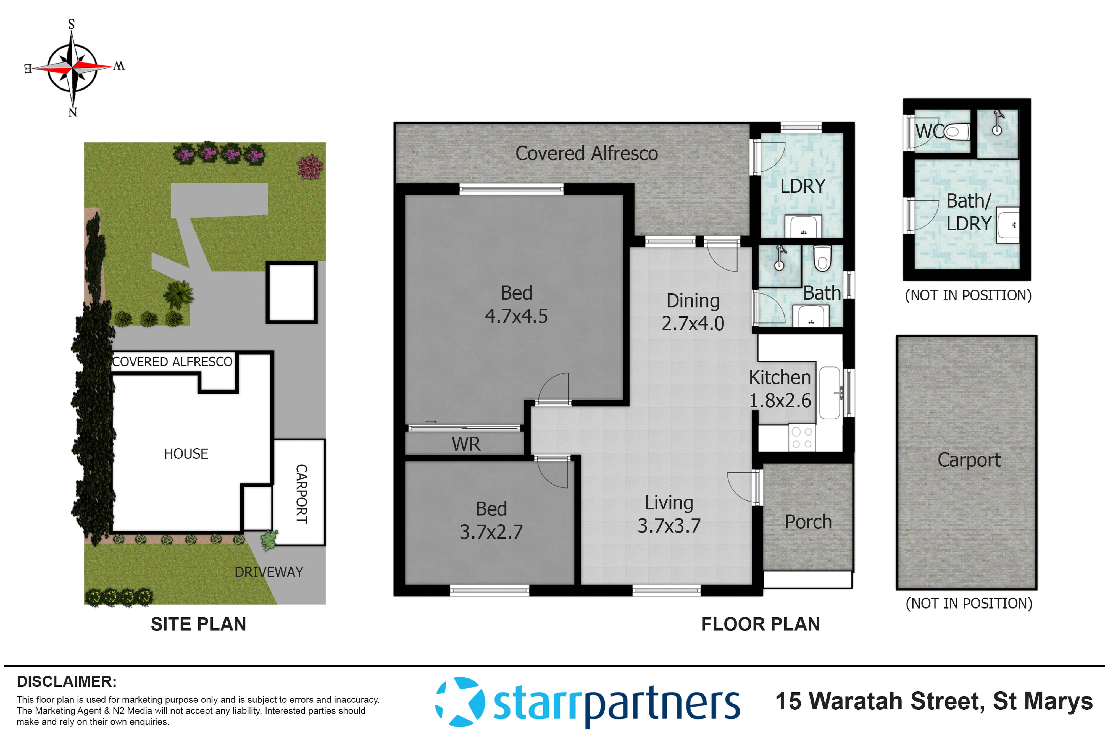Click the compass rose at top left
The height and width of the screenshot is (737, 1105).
[x=73, y=67]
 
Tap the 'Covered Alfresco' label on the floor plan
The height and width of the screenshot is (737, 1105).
[x=586, y=153]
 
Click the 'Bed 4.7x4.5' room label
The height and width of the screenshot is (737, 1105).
[x=516, y=305]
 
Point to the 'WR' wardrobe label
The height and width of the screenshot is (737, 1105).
[x=466, y=444]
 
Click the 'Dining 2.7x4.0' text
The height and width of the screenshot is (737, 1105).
[x=693, y=312]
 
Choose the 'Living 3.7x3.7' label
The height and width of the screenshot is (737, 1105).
[x=669, y=514]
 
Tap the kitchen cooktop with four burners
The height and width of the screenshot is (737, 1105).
[x=802, y=438]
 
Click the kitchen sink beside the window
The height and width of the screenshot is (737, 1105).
[x=830, y=393]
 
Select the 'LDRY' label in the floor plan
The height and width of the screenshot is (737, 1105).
[x=803, y=187]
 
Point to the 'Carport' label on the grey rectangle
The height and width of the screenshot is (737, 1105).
[x=969, y=460]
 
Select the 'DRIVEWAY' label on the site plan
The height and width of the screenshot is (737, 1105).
[x=269, y=572]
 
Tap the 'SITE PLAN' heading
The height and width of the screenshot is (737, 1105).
[x=198, y=624]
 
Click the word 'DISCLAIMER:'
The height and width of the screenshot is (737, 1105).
[x=67, y=681]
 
